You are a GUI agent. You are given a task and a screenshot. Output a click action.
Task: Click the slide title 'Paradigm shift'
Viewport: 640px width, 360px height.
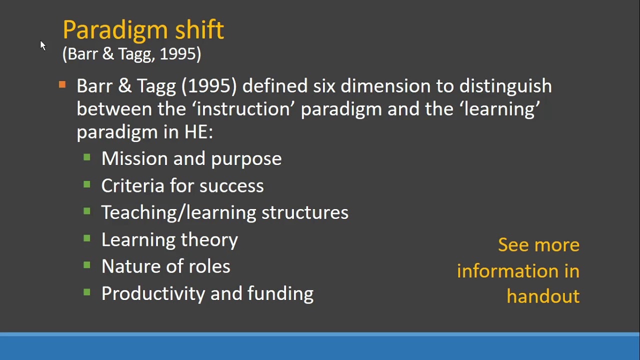pyautogui.click(x=143, y=30)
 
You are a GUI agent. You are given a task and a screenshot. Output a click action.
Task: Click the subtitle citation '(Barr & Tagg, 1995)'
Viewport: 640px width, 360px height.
pyautogui.click(x=131, y=54)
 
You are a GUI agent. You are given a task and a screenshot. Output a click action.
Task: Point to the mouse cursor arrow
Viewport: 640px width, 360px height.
pyautogui.click(x=42, y=45)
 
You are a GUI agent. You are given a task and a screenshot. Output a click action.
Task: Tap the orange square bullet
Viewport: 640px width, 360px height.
pyautogui.click(x=62, y=85)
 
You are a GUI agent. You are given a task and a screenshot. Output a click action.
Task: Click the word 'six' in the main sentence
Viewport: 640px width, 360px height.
pyautogui.click(x=324, y=86)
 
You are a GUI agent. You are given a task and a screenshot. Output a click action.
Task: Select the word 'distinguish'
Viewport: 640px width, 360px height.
pyautogui.click(x=505, y=86)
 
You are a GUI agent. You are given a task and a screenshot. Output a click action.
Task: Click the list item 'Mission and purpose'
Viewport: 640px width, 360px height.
pyautogui.click(x=191, y=159)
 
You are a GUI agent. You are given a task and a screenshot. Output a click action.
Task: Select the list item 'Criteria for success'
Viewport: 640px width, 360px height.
pyautogui.click(x=182, y=186)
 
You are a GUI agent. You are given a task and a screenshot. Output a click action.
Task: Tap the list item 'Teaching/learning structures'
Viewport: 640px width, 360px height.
pyautogui.click(x=224, y=212)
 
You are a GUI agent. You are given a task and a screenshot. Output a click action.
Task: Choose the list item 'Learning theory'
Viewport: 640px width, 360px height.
pyautogui.click(x=169, y=240)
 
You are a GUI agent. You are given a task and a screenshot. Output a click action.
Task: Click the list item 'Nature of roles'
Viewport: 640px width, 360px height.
pyautogui.click(x=165, y=266)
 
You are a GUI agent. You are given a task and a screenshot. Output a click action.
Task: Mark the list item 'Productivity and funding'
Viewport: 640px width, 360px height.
pyautogui.click(x=207, y=293)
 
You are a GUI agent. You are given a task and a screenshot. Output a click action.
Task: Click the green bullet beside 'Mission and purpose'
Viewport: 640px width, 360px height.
pyautogui.click(x=87, y=158)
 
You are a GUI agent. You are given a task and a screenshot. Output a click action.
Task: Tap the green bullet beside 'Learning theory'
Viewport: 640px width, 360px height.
pyautogui.click(x=87, y=239)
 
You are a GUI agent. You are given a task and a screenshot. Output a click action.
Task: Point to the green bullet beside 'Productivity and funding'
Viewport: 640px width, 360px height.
pyautogui.click(x=87, y=292)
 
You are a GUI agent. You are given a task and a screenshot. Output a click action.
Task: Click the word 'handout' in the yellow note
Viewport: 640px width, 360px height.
pyautogui.click(x=542, y=296)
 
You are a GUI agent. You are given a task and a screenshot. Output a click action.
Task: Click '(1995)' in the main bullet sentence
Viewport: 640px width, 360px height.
pyautogui.click(x=209, y=86)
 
